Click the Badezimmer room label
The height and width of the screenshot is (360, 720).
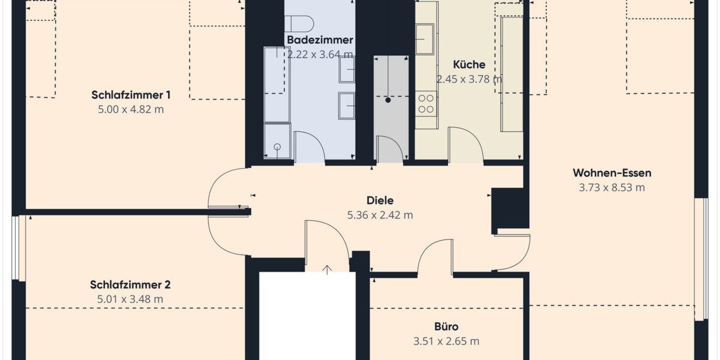click(319, 40)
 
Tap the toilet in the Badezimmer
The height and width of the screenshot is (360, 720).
click(299, 23)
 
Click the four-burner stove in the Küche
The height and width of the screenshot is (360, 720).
click(427, 103)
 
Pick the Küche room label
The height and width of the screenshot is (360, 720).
click(469, 65)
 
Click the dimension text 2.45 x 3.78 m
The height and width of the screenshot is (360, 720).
click(469, 79)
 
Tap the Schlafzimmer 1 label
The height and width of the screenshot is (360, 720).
click(131, 95)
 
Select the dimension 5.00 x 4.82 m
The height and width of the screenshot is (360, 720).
click(131, 110)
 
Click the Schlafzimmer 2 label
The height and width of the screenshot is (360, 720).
click(131, 284)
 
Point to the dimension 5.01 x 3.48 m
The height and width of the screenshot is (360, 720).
click(131, 299)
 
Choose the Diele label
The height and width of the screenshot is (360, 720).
click(380, 200)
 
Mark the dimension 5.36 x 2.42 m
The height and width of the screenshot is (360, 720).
click(380, 215)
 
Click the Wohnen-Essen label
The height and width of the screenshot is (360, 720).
click(611, 173)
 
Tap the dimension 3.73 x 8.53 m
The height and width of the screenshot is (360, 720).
click(611, 188)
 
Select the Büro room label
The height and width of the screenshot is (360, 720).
click(446, 327)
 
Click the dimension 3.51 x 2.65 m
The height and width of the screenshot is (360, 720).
click(446, 341)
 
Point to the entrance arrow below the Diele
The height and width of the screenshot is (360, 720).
click(327, 269)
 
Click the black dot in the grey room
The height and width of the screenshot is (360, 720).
click(388, 101)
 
